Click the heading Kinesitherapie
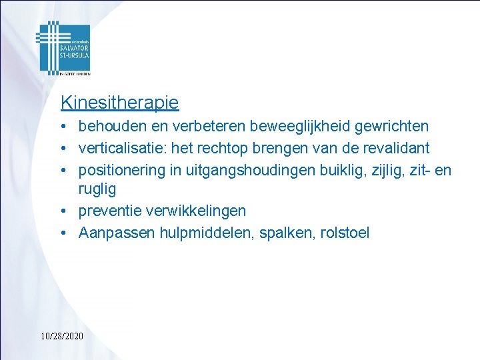(119, 103)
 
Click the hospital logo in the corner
(63, 49)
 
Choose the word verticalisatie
(118, 147)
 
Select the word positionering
(122, 169)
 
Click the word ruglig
(97, 189)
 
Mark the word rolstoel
(344, 233)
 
